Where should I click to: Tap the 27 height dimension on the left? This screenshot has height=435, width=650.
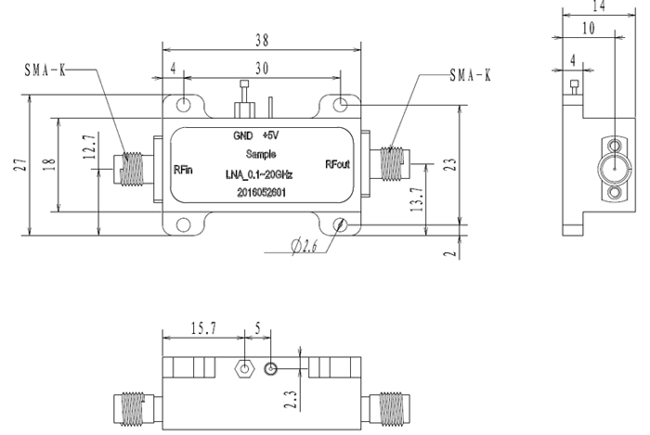[x=19, y=165]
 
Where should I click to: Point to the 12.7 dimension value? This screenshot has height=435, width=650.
[x=89, y=148]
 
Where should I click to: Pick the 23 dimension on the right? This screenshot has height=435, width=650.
[x=450, y=165]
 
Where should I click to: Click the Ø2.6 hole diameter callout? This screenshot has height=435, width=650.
[x=305, y=246]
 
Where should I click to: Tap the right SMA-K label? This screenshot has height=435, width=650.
[x=470, y=75]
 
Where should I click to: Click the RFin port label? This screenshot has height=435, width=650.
[x=184, y=170]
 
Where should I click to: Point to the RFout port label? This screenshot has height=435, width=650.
[x=337, y=164]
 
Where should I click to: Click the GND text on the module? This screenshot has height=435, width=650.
[x=242, y=134]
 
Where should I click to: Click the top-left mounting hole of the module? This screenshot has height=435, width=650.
[x=185, y=104]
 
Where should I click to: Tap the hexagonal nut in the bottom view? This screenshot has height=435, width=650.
[x=243, y=368]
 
